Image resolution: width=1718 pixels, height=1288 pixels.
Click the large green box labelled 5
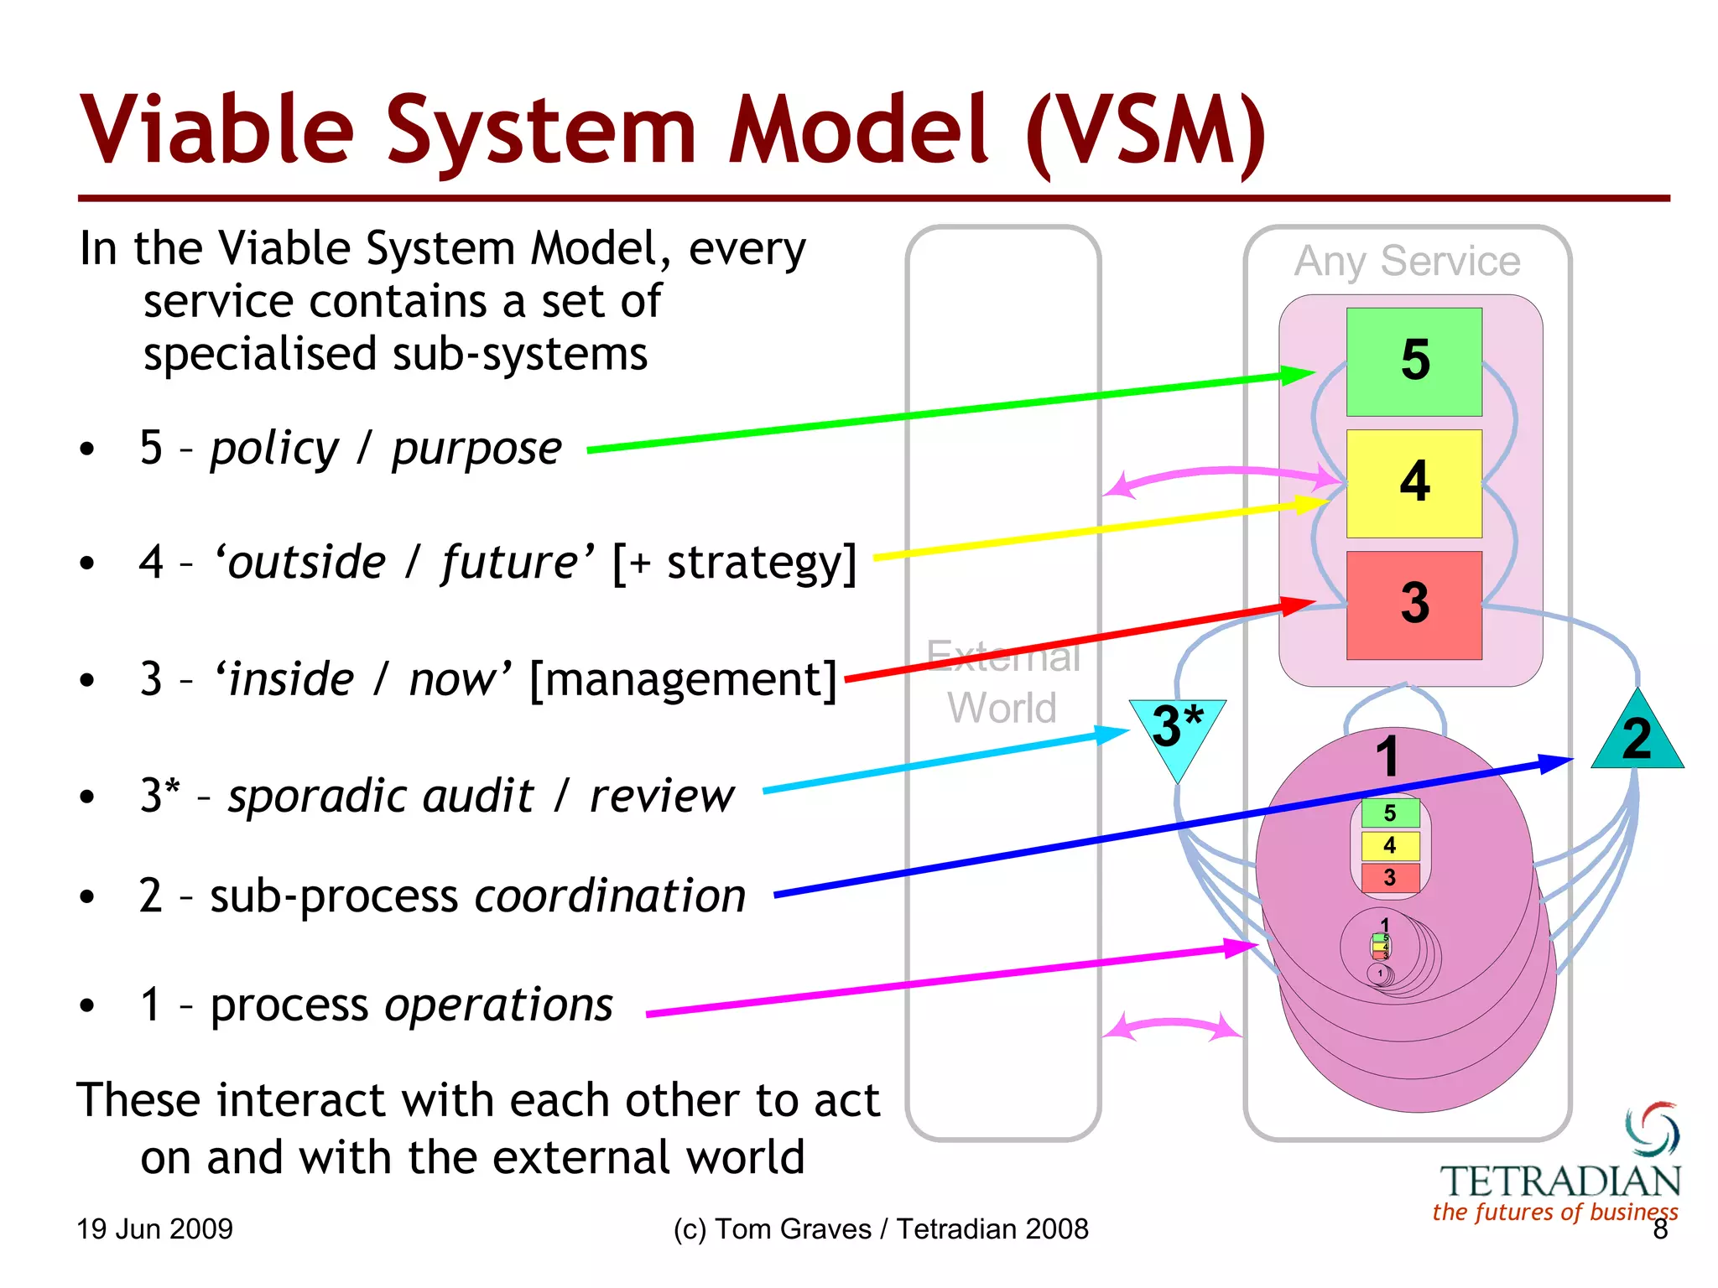pos(1413,361)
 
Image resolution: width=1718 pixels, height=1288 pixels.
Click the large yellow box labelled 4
pos(1413,483)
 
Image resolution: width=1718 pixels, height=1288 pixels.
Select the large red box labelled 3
pos(1413,605)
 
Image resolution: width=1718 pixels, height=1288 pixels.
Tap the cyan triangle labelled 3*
pos(1176,729)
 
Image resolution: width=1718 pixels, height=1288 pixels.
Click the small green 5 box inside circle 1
pos(1389,813)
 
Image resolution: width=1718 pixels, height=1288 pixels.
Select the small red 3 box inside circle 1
pos(1389,878)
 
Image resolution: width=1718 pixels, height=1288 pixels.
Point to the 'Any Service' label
pos(1407,261)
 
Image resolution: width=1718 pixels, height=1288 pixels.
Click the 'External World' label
pos(1002,682)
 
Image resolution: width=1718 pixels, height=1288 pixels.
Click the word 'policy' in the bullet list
pos(274,449)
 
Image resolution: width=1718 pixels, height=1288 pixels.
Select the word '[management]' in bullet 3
pos(684,679)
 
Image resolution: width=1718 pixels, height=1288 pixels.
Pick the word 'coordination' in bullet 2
pos(611,896)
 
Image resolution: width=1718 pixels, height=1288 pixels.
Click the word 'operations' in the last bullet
pos(499,1005)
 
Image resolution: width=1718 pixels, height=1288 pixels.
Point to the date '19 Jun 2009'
pos(154,1229)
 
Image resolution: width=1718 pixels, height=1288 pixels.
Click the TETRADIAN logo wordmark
pos(1560,1182)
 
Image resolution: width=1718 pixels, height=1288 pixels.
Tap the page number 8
pos(1659,1230)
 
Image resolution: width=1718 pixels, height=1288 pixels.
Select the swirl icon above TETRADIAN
pos(1653,1128)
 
